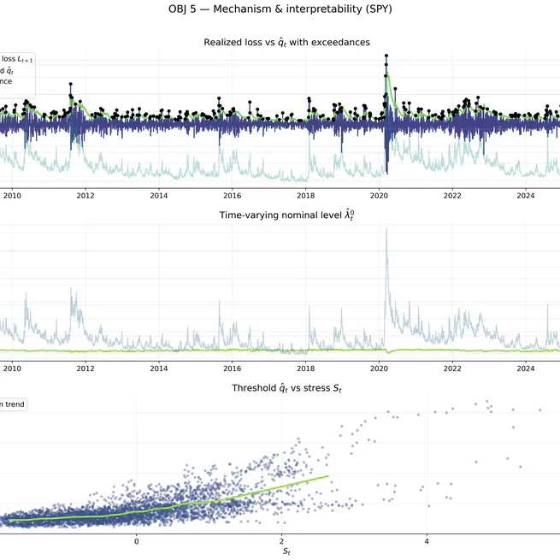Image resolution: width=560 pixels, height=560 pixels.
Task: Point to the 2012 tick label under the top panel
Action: [85, 196]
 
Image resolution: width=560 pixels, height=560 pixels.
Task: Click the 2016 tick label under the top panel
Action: [233, 196]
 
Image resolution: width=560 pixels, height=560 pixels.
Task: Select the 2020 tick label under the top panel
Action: [379, 196]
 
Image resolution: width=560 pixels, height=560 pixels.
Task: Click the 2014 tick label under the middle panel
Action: [159, 368]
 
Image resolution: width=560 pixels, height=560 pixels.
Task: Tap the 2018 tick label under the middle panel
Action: [306, 368]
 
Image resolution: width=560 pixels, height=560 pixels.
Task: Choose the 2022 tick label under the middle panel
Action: [452, 368]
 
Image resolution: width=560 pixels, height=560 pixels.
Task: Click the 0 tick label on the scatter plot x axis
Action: [137, 541]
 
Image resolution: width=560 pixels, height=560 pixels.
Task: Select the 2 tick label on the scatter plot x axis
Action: [281, 541]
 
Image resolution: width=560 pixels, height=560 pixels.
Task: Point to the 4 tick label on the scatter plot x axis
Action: [427, 541]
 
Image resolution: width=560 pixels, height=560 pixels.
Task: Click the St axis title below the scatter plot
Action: [286, 552]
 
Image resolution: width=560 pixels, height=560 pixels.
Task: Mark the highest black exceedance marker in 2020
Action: [386, 56]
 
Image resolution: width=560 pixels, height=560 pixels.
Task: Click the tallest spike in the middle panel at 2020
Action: [386, 229]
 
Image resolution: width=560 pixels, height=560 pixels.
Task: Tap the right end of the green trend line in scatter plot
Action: [327, 476]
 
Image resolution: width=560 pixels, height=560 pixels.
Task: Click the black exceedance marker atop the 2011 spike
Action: [70, 84]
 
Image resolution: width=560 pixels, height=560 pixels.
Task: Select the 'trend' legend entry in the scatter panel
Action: [12, 404]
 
